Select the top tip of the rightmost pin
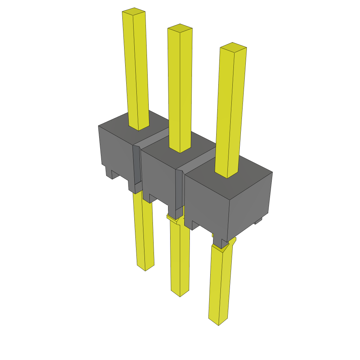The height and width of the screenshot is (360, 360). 233,47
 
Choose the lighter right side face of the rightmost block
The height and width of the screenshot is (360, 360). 250,207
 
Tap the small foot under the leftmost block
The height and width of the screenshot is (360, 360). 109,172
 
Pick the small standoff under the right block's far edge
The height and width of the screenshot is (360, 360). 259,220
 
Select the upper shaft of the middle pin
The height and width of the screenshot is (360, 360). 180,88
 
